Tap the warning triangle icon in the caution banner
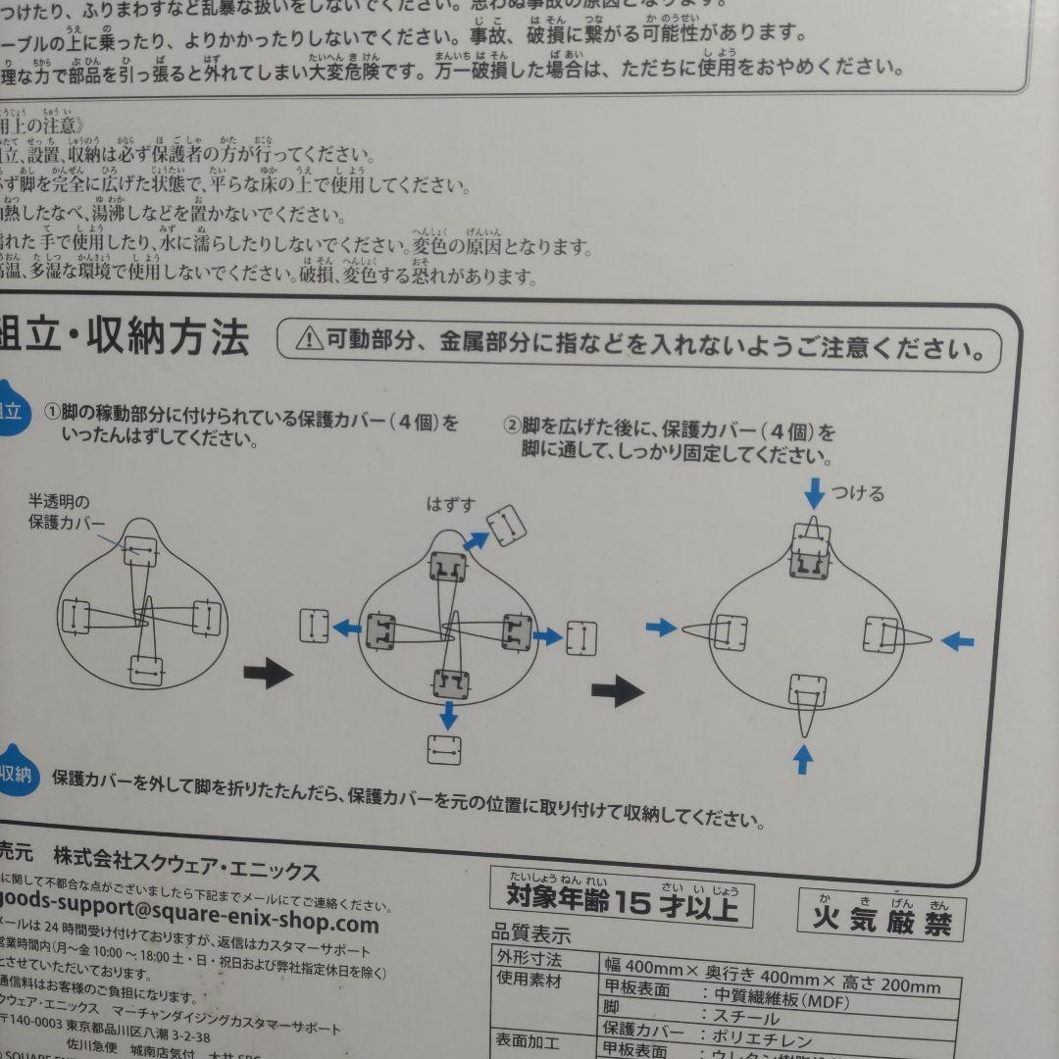(x=309, y=339)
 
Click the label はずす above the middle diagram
(x=450, y=505)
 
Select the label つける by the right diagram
(x=858, y=493)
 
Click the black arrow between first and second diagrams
(x=267, y=673)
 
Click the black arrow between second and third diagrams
(x=617, y=691)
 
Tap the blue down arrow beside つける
(x=814, y=492)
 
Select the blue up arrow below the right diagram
(x=803, y=759)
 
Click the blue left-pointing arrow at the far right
(x=957, y=641)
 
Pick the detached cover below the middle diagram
(x=444, y=749)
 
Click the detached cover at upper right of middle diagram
(x=507, y=527)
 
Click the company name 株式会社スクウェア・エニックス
(x=186, y=871)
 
